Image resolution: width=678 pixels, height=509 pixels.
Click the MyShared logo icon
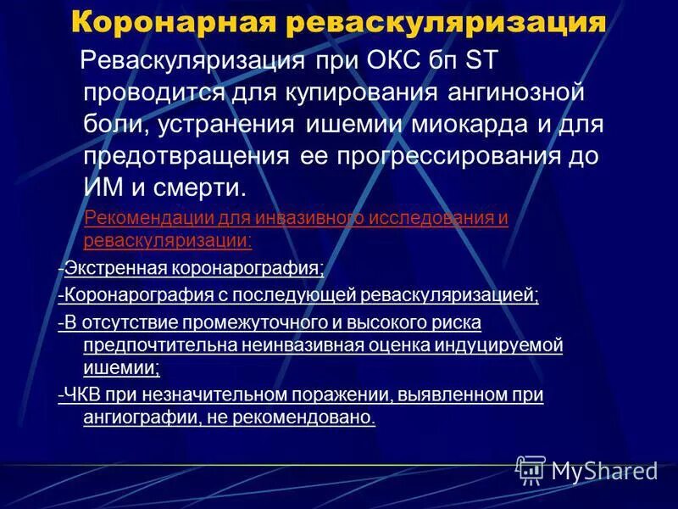click(x=531, y=469)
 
